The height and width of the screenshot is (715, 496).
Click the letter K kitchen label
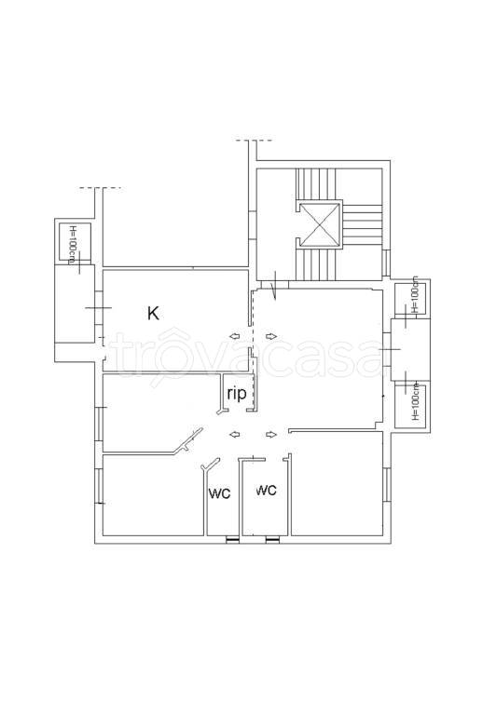(154, 313)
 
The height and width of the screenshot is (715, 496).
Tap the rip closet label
(237, 393)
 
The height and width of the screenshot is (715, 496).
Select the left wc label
(220, 492)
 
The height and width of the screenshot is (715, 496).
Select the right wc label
(267, 490)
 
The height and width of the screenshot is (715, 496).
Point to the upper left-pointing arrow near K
(235, 336)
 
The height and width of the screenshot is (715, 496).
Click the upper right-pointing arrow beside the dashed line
(271, 336)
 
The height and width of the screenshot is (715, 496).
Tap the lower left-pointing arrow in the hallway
(235, 435)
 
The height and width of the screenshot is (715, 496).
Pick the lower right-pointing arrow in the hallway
(271, 435)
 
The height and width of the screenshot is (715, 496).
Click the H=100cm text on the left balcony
(72, 244)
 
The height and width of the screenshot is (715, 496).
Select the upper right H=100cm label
(415, 294)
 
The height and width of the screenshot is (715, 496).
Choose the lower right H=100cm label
(415, 401)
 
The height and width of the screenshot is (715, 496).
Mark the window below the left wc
(232, 540)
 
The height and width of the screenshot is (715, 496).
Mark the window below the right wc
(272, 540)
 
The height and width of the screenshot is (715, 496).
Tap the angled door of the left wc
(210, 465)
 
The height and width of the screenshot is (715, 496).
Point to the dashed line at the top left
(100, 187)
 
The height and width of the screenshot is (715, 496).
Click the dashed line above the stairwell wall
(254, 141)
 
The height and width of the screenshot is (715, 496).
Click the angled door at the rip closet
(223, 411)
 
